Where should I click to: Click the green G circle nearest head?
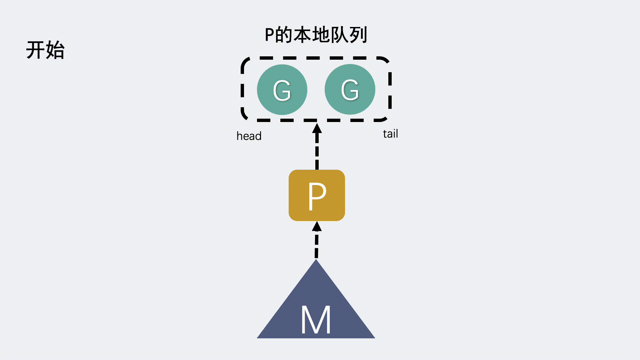(x=282, y=90)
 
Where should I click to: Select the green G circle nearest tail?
(x=350, y=89)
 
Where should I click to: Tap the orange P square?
(x=317, y=195)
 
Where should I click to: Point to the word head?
(x=249, y=136)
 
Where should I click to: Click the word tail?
(x=390, y=134)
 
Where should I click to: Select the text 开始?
(x=45, y=50)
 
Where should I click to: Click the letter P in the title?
(x=269, y=35)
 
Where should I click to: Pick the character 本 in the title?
(x=302, y=35)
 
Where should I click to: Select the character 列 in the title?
(x=358, y=35)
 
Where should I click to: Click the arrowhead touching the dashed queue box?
(x=317, y=129)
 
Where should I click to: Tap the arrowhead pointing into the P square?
(x=317, y=227)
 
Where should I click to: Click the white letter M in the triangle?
(x=316, y=320)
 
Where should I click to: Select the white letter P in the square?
(x=317, y=197)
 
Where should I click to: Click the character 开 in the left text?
(x=36, y=50)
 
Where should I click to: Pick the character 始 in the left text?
(x=55, y=50)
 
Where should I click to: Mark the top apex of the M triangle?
(x=316, y=261)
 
